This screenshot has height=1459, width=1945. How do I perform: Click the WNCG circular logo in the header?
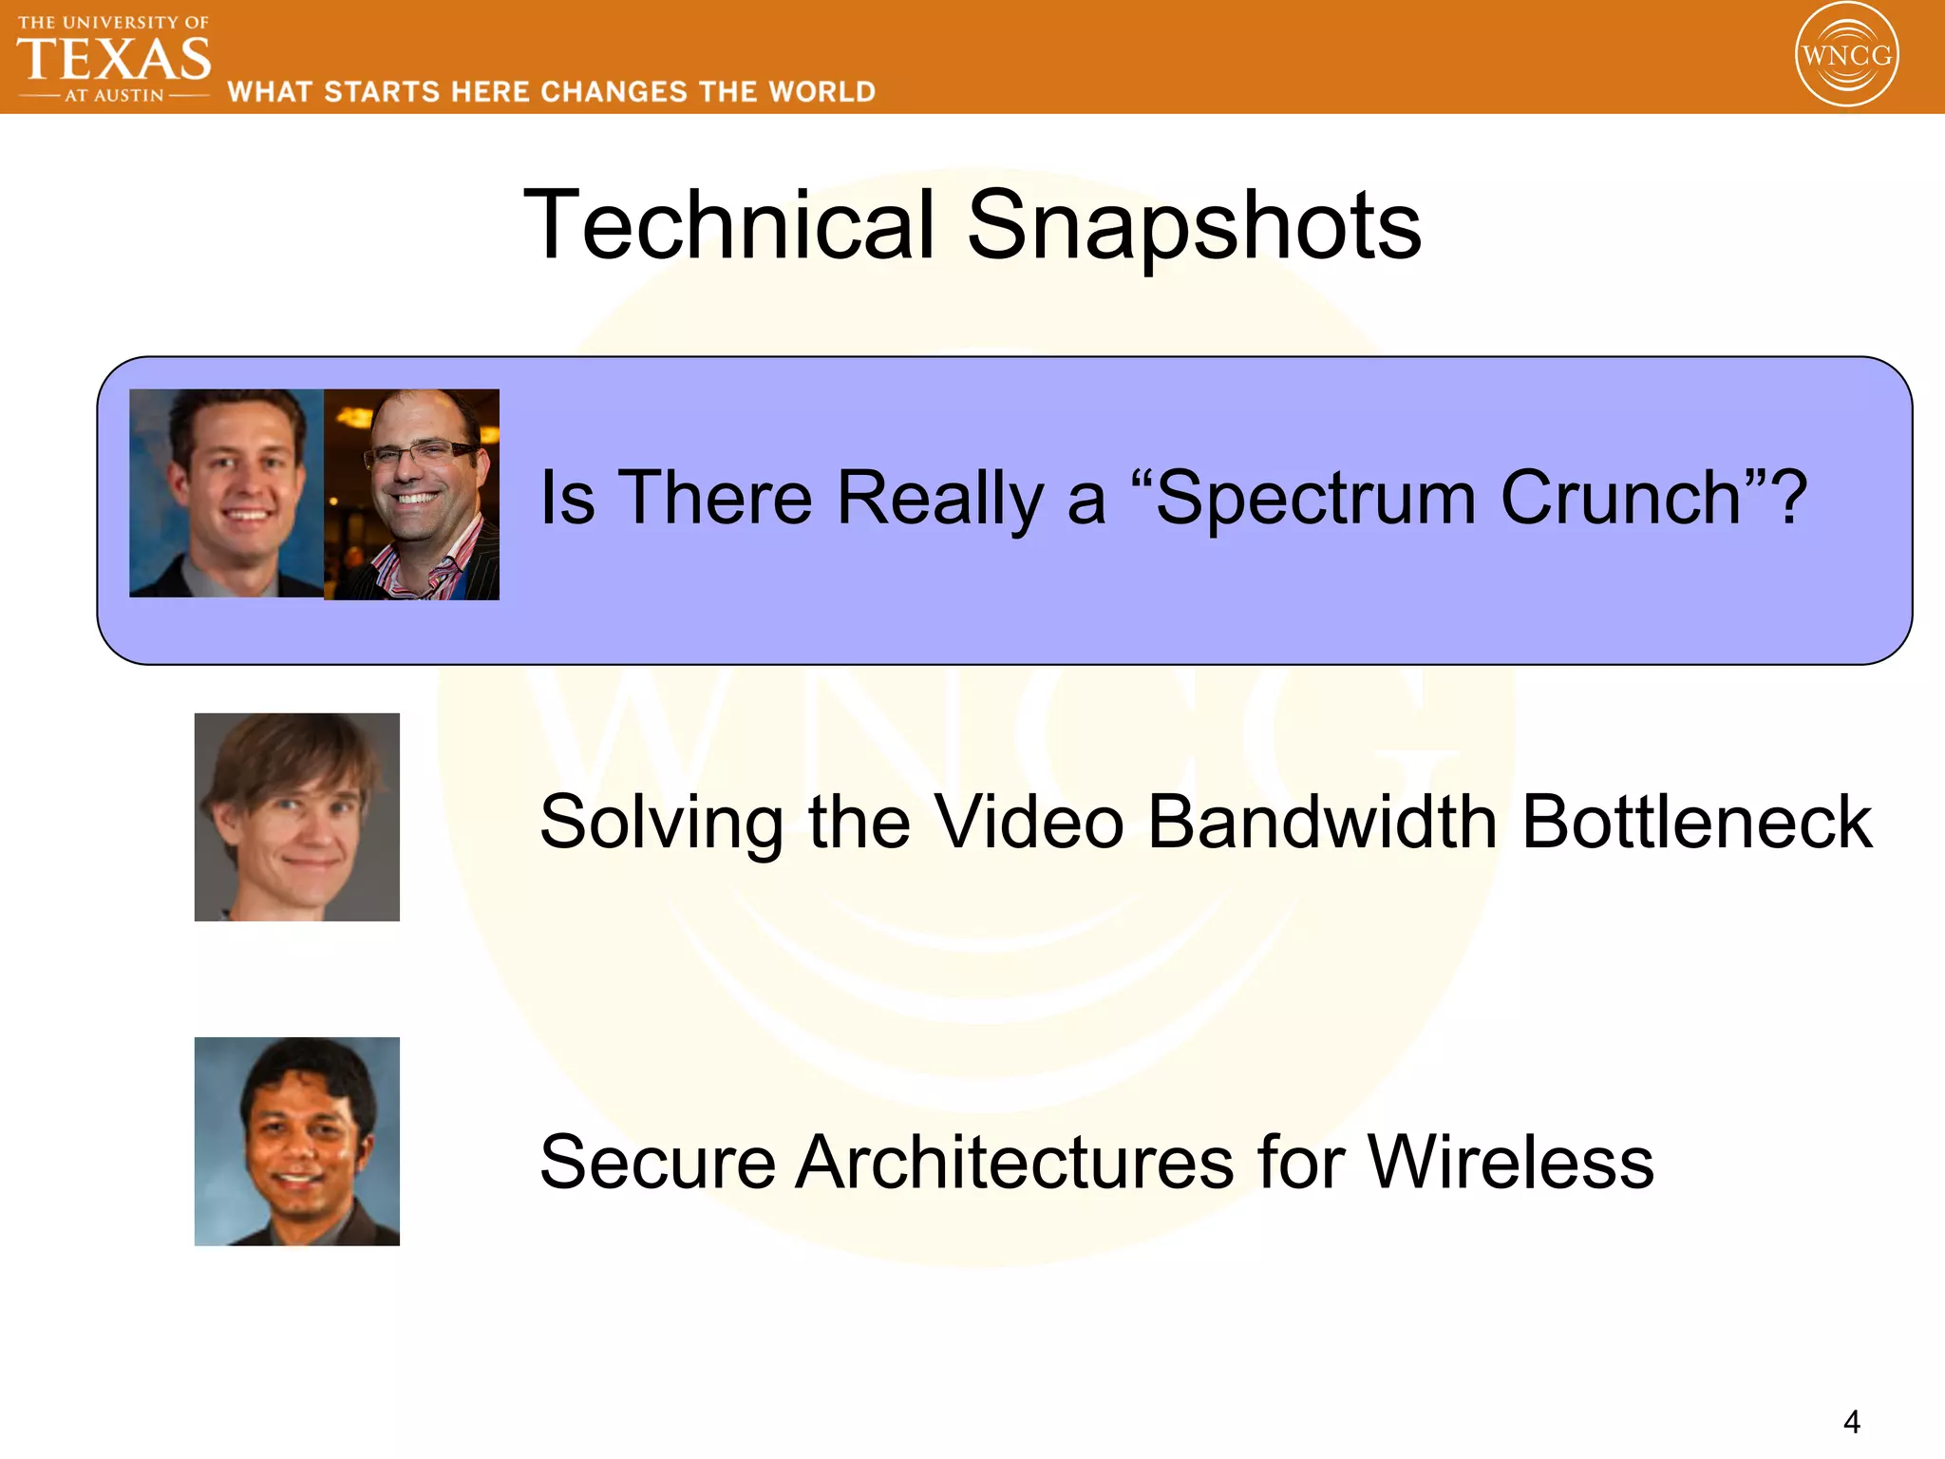(x=1846, y=55)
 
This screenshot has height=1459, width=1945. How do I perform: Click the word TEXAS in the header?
(x=114, y=59)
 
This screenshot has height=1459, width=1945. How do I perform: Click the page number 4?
(x=1851, y=1422)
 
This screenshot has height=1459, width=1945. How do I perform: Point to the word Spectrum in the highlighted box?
(x=1315, y=498)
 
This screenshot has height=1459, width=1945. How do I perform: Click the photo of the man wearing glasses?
(x=411, y=494)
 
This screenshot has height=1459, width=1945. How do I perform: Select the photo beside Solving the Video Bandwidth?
(x=296, y=817)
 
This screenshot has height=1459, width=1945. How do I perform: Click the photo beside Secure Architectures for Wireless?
(x=296, y=1141)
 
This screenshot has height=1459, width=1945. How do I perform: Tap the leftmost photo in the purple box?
(x=226, y=492)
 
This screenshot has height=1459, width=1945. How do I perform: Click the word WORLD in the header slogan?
(x=821, y=92)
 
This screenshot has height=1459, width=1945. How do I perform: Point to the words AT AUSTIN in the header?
(x=114, y=96)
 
